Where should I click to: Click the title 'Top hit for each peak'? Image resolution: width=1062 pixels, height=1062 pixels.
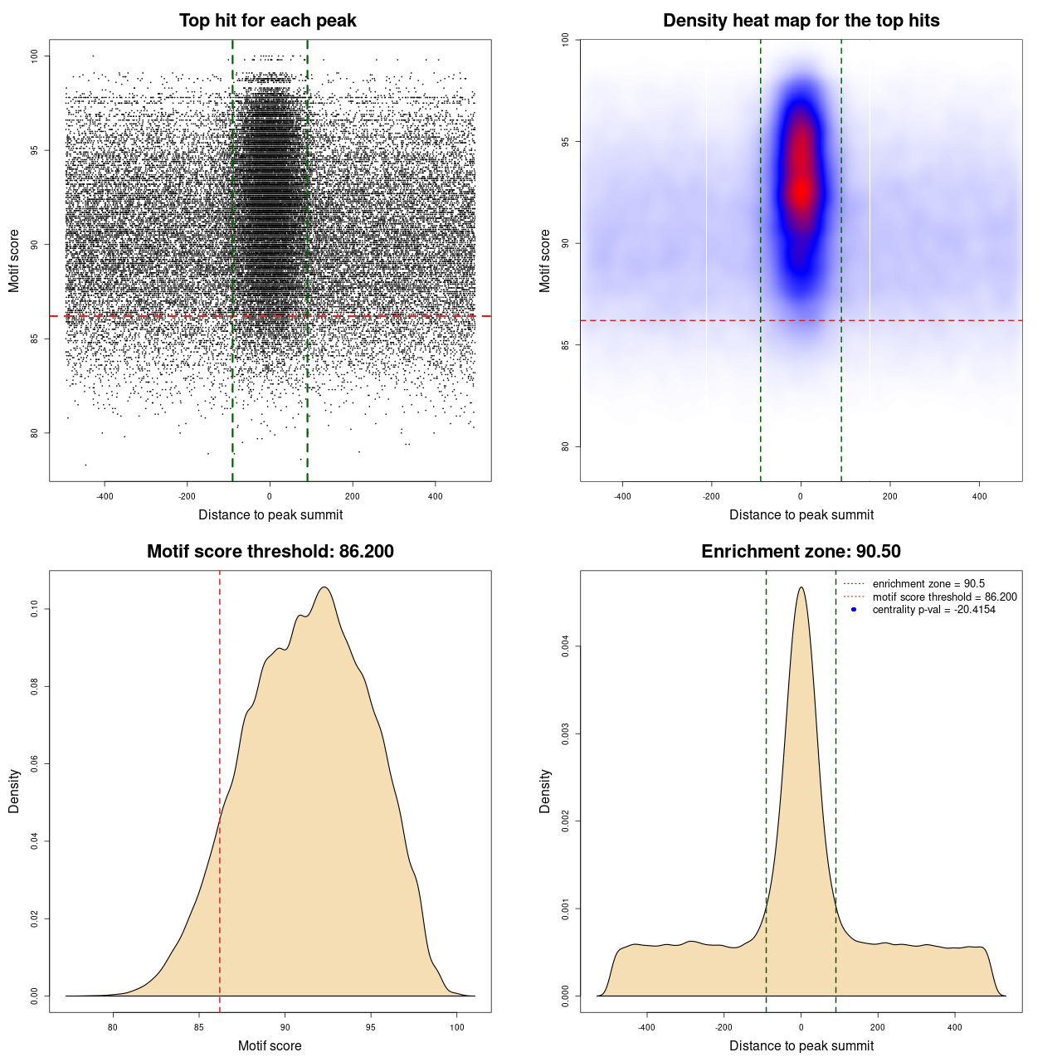(x=267, y=21)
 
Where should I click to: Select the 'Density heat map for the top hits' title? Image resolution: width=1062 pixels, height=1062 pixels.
(x=801, y=21)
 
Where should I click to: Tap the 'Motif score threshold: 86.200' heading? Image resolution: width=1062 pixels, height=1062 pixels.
(x=270, y=552)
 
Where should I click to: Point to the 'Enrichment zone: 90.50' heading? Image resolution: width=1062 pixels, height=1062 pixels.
(x=801, y=552)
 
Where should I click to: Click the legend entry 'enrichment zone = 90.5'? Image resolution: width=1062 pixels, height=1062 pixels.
(x=928, y=584)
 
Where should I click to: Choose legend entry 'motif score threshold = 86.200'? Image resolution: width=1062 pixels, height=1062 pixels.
(x=944, y=597)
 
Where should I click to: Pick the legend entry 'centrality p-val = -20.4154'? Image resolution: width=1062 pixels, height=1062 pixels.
(x=933, y=610)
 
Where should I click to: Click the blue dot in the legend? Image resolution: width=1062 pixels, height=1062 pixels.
(x=854, y=610)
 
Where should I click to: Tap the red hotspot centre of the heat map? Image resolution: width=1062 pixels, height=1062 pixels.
(x=801, y=191)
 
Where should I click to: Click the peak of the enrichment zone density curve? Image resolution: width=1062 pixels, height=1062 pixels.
(x=801, y=587)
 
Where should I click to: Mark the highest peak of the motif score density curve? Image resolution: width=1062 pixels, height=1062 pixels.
(x=324, y=587)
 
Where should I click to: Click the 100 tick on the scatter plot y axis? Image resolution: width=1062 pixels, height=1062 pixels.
(x=34, y=56)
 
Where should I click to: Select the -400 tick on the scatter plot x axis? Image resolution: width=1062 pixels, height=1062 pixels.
(x=105, y=496)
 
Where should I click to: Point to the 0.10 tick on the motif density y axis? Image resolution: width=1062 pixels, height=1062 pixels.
(x=34, y=609)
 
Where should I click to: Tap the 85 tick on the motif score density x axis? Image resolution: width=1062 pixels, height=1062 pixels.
(x=199, y=1027)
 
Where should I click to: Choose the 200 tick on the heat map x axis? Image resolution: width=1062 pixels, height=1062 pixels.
(x=889, y=496)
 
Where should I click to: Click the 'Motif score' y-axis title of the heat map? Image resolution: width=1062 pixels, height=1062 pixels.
(x=545, y=261)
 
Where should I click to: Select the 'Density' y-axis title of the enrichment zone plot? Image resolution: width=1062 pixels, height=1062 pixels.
(x=545, y=791)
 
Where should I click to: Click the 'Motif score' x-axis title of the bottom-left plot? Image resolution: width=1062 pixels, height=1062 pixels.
(x=270, y=1045)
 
